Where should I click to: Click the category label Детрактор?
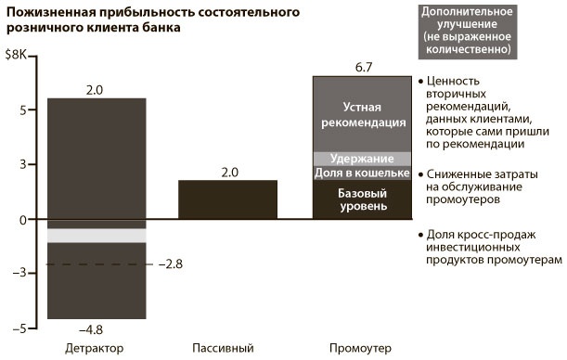point(95,349)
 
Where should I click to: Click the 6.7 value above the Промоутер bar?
point(360,66)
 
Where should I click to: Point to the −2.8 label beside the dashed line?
point(172,265)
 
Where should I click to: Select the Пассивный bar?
point(227,199)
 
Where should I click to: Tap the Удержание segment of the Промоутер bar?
point(360,158)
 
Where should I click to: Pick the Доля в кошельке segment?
point(360,173)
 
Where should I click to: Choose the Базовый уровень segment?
point(360,199)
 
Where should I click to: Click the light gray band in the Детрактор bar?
point(97,235)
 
